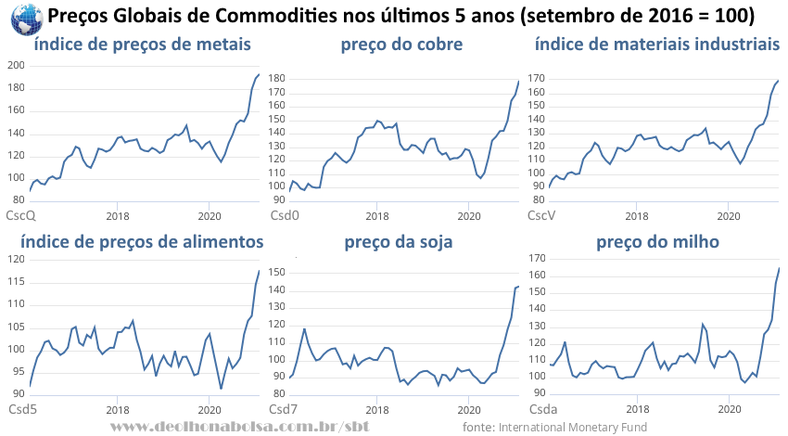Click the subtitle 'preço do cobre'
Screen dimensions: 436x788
pyautogui.click(x=401, y=45)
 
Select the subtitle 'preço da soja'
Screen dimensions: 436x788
pyautogui.click(x=399, y=242)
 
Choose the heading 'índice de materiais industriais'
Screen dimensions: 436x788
pyautogui.click(x=656, y=45)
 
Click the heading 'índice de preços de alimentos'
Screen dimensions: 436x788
pyautogui.click(x=142, y=242)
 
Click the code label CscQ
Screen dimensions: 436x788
pyautogui.click(x=21, y=216)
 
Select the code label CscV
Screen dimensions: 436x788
pyautogui.click(x=541, y=216)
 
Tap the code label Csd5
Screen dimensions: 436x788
pyautogui.click(x=22, y=408)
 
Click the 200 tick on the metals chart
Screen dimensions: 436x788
pyautogui.click(x=15, y=65)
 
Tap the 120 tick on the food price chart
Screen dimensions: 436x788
pyautogui.click(x=15, y=258)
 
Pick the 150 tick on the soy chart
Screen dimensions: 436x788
pyautogui.click(x=275, y=271)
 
